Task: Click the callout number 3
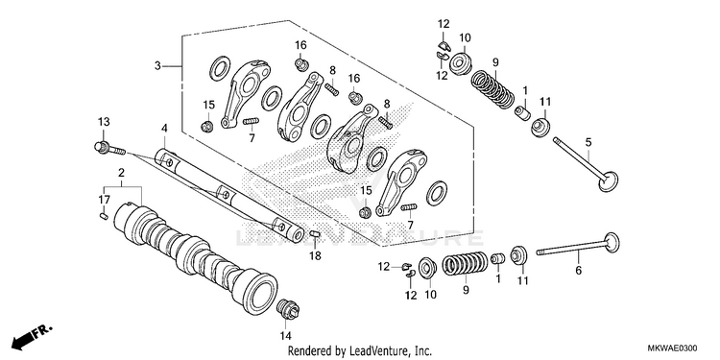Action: click(x=157, y=66)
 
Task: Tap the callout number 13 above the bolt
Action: click(x=104, y=122)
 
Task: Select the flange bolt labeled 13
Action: click(x=109, y=148)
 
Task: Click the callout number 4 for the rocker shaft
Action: click(x=164, y=128)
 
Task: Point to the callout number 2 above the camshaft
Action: click(x=121, y=173)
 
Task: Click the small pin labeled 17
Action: click(x=104, y=215)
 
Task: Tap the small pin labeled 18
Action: click(x=314, y=234)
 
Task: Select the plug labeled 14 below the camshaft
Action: click(x=288, y=308)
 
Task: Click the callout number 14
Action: click(x=286, y=336)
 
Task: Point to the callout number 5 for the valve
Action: click(x=588, y=143)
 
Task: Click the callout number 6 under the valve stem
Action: click(x=578, y=271)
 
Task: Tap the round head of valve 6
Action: click(x=612, y=244)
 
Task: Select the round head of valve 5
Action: click(x=609, y=180)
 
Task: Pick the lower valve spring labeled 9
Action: click(x=465, y=265)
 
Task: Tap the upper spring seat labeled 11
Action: click(x=540, y=127)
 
